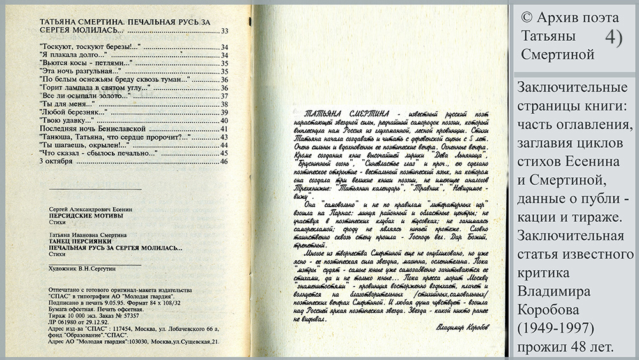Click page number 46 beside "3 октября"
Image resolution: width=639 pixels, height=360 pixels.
tap(224, 162)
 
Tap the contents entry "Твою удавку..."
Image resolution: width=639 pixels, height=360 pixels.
tap(63, 120)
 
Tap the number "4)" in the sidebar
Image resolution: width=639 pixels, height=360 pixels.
tap(612, 37)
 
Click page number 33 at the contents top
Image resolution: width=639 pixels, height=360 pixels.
tap(224, 31)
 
